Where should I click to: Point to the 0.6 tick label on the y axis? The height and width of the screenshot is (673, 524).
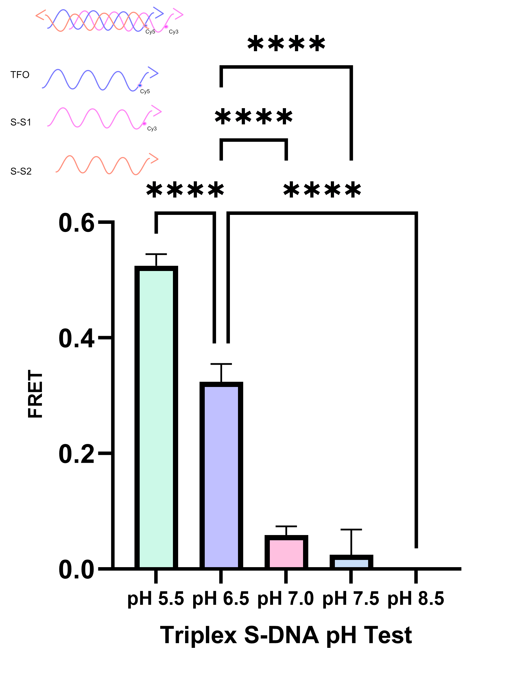[76, 223]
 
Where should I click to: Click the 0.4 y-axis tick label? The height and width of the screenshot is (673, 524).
[76, 338]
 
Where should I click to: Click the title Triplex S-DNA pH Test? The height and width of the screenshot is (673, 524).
[286, 635]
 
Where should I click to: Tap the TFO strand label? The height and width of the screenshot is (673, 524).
[20, 75]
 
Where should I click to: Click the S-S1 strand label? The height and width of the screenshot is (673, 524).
[21, 123]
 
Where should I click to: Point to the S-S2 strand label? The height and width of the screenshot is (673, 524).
[21, 171]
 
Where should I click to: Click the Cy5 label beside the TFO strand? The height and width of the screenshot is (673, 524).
[145, 91]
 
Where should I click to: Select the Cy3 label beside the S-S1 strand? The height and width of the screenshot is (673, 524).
[152, 129]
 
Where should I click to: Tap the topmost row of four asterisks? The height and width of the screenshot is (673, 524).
[286, 44]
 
